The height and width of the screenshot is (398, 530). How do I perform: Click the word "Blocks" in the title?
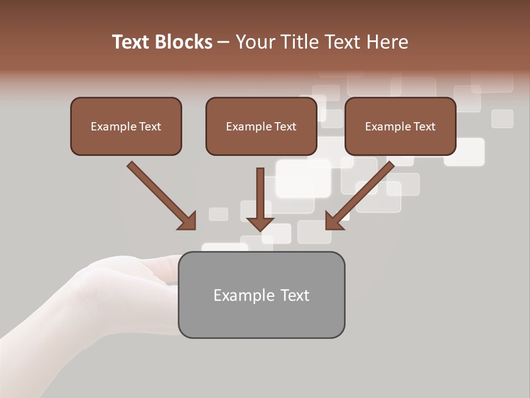184,42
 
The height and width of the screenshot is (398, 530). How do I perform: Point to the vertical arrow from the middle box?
260,193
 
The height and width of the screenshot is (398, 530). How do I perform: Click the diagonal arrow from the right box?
364,191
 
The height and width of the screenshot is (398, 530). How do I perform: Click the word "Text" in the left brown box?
150,127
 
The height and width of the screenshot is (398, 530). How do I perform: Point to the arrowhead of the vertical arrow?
260,223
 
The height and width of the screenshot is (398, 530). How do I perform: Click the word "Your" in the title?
254,42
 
